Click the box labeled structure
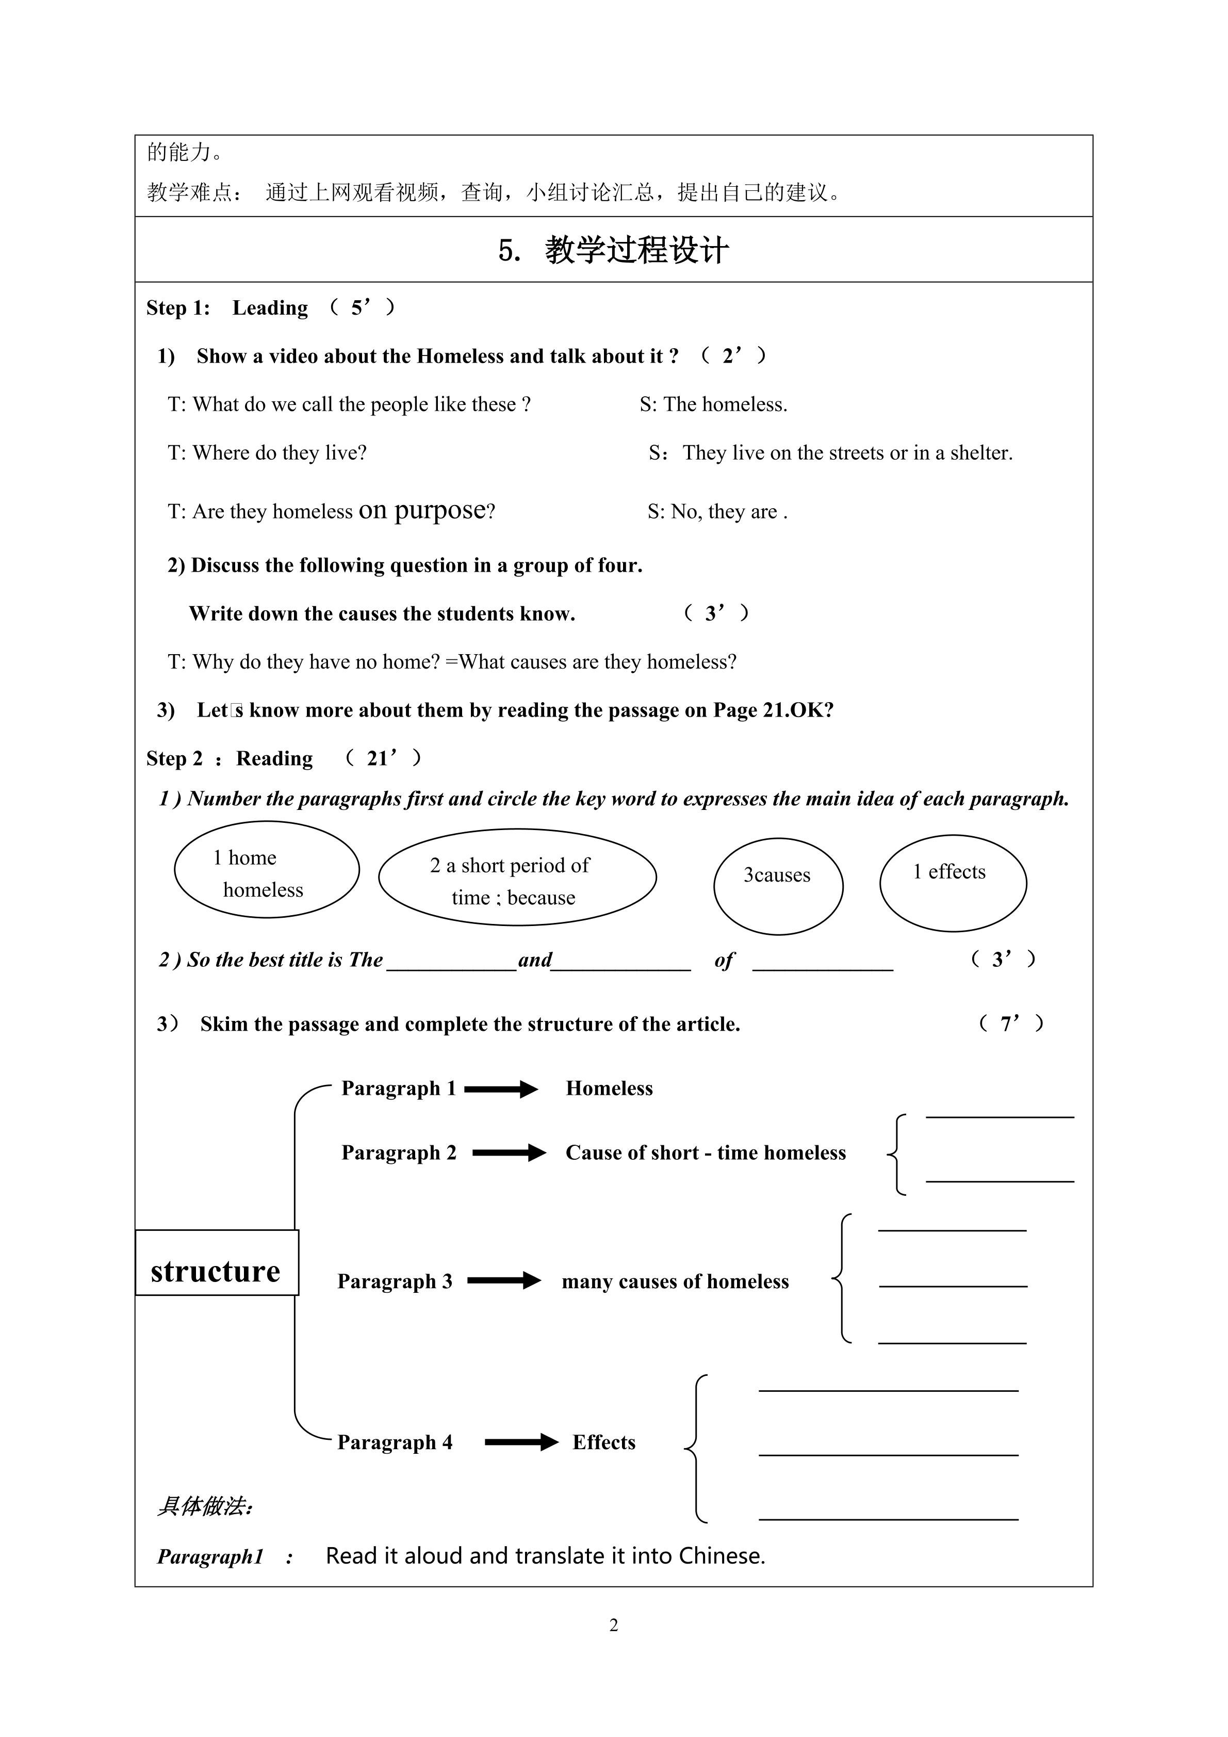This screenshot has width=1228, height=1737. (216, 1271)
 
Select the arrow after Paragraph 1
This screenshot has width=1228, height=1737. (501, 1090)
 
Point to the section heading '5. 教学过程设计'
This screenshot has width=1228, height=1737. (613, 250)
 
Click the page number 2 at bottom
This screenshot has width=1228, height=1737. (614, 1625)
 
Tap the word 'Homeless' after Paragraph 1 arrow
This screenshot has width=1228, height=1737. (609, 1089)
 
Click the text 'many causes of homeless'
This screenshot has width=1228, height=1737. (675, 1281)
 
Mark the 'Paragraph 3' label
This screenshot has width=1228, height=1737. (395, 1281)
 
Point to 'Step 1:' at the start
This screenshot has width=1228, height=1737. (178, 308)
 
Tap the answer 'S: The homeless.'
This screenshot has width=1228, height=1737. (713, 405)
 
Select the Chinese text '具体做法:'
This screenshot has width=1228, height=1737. (204, 1506)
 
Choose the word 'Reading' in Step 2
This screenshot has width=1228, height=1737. (274, 759)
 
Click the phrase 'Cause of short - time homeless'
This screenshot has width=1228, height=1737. (706, 1153)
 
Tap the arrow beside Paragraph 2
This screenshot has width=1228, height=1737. (509, 1153)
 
